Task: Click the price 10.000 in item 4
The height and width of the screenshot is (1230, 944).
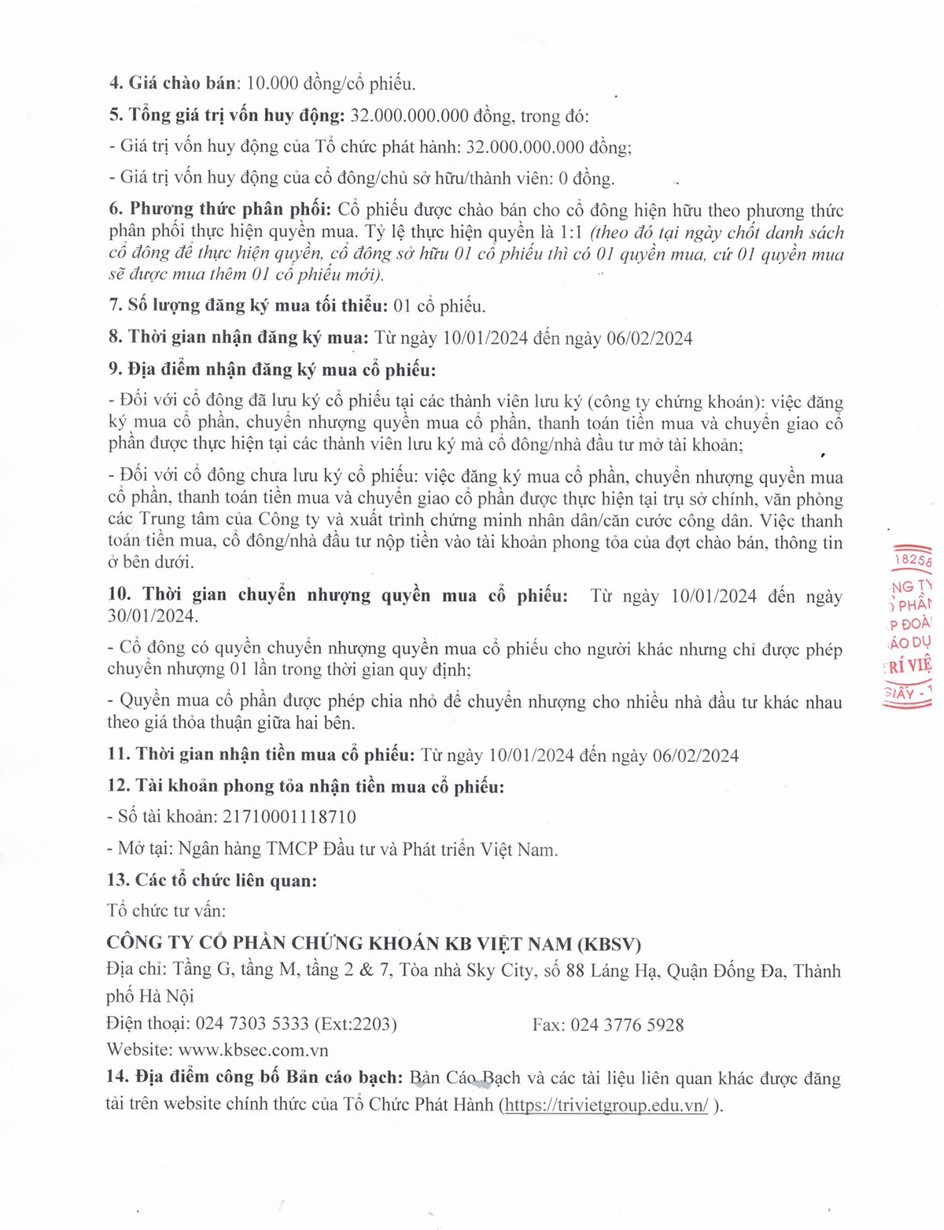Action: [x=272, y=83]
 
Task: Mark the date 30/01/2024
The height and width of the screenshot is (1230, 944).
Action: [x=153, y=616]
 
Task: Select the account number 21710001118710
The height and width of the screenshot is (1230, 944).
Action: [x=289, y=817]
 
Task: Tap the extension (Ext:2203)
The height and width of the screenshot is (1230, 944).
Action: [x=356, y=1024]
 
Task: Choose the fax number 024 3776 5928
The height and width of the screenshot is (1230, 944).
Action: [x=627, y=1025]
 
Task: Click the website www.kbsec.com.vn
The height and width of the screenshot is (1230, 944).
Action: [x=253, y=1050]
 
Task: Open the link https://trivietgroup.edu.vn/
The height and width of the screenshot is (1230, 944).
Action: [x=607, y=1105]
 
